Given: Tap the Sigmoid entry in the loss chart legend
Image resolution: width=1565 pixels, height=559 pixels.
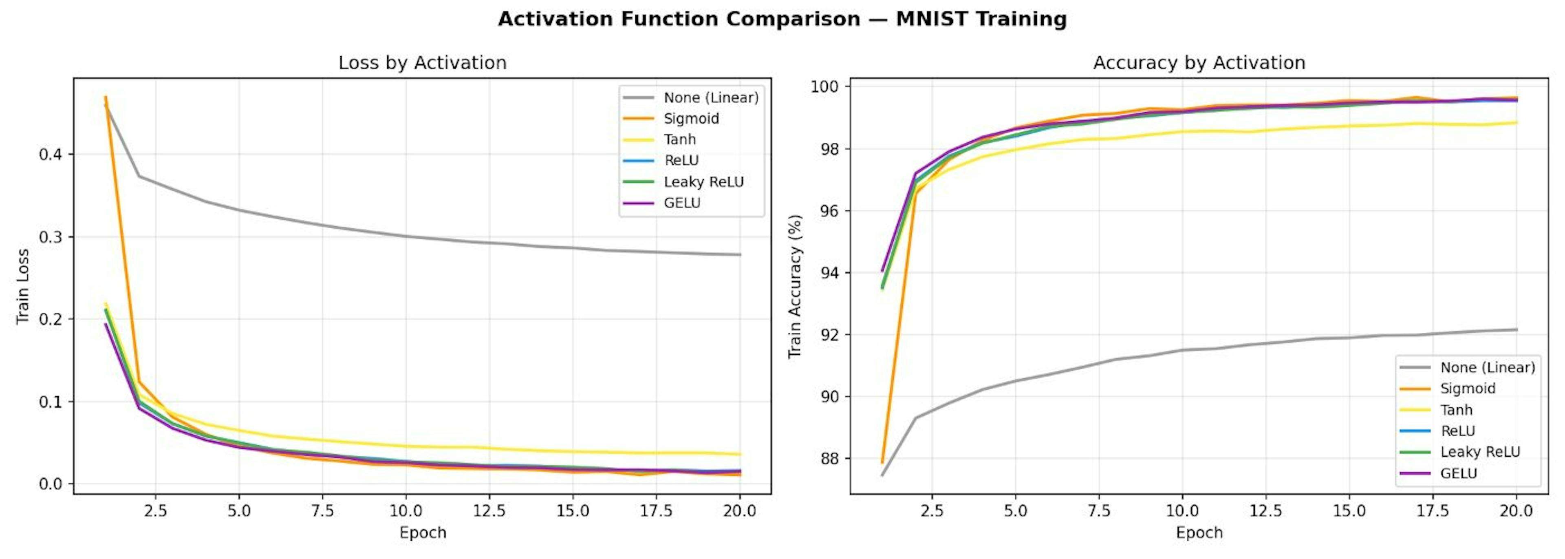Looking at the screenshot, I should (691, 119).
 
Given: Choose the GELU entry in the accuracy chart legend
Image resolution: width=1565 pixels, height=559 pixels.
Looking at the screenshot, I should (1458, 473).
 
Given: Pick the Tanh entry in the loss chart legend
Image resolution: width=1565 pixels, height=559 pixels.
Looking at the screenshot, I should (679, 140).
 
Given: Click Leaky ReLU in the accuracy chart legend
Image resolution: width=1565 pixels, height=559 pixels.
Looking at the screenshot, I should (1479, 452).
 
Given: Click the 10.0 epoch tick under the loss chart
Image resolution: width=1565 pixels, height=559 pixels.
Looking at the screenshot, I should (406, 511).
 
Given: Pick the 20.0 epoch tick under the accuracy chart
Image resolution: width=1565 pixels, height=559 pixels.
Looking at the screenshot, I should (1516, 511).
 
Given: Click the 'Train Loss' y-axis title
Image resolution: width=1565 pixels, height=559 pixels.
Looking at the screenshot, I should (22, 286).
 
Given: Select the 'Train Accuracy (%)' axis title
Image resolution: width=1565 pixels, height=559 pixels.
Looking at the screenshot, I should (795, 286).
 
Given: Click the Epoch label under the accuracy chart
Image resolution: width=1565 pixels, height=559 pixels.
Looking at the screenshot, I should (1199, 533).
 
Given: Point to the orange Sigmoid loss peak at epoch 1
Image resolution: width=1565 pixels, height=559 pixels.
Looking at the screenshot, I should (106, 97).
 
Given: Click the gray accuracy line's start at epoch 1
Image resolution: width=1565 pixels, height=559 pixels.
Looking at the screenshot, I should (882, 475).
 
